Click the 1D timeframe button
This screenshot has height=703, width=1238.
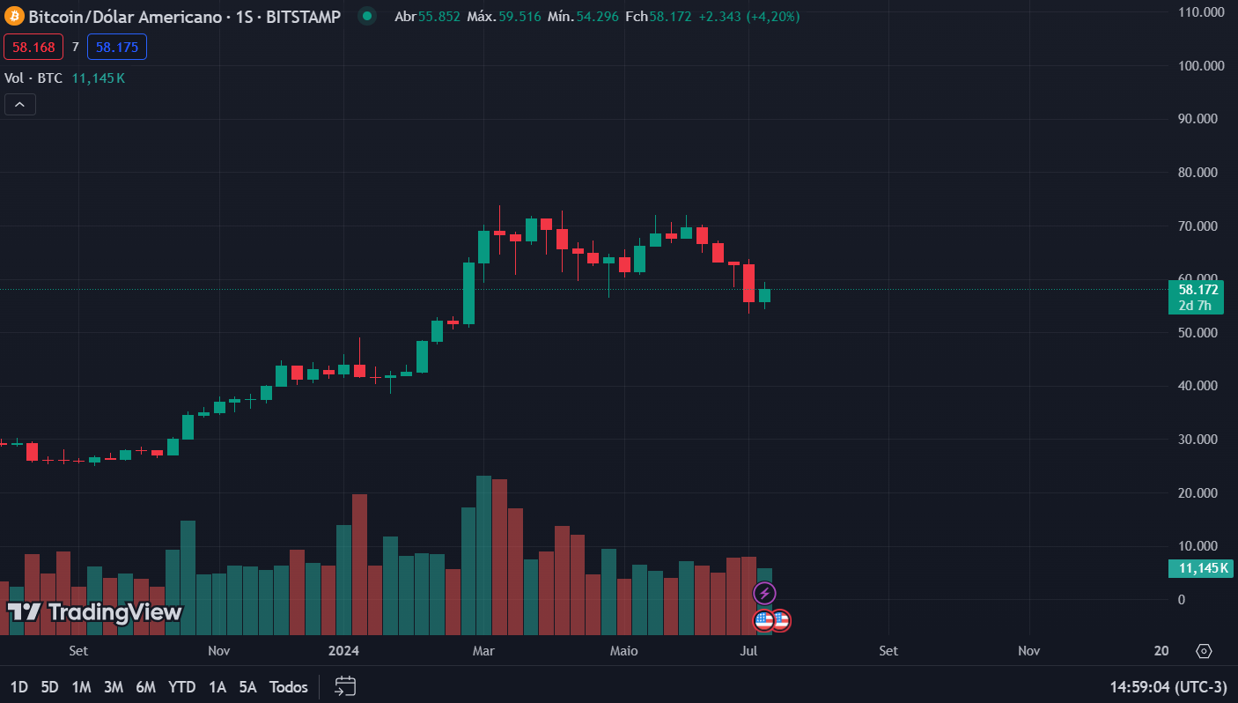pyautogui.click(x=18, y=686)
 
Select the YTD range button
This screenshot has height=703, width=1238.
pyautogui.click(x=181, y=686)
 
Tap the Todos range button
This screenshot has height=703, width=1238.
pyautogui.click(x=289, y=686)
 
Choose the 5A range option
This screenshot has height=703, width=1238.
pyautogui.click(x=247, y=686)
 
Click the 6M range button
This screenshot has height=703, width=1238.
pyautogui.click(x=146, y=686)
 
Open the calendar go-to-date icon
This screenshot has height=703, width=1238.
pyautogui.click(x=346, y=686)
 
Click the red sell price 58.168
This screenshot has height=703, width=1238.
pyautogui.click(x=33, y=47)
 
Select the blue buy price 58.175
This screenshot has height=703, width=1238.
pyautogui.click(x=117, y=47)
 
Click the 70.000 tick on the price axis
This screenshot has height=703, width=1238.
pyautogui.click(x=1202, y=226)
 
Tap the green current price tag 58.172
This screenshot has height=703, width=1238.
pyautogui.click(x=1197, y=289)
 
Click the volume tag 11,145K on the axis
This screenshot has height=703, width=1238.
pyautogui.click(x=1201, y=568)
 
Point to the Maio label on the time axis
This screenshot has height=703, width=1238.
pyautogui.click(x=623, y=651)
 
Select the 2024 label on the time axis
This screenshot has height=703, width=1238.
pyautogui.click(x=343, y=651)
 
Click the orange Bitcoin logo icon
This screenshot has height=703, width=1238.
pyautogui.click(x=14, y=17)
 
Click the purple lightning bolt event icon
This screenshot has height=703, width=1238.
pyautogui.click(x=765, y=593)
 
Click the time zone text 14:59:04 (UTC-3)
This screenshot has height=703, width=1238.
pyautogui.click(x=1168, y=686)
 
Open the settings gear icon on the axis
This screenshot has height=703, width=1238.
pyautogui.click(x=1204, y=651)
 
